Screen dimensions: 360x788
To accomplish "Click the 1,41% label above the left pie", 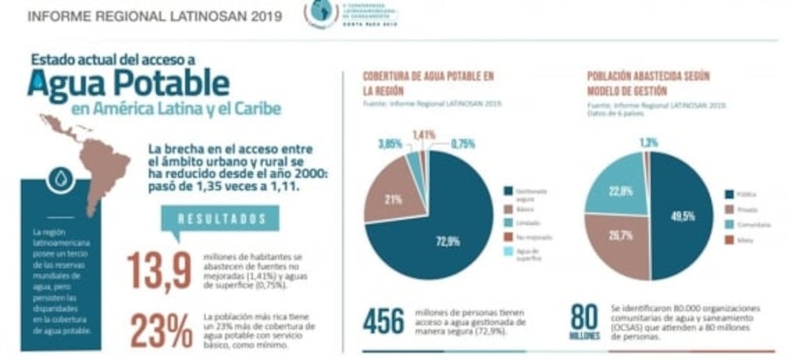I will click(x=423, y=135).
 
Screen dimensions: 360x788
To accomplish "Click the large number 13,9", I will click(x=159, y=271).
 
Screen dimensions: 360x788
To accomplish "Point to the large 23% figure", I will click(x=161, y=332).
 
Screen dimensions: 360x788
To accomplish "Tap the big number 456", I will click(x=383, y=321).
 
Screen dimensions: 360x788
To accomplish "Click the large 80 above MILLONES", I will click(x=584, y=317).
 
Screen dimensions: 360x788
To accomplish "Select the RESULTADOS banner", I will click(x=222, y=219).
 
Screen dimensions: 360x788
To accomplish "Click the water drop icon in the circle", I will click(x=60, y=179).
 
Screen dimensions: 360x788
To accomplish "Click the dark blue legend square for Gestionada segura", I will click(x=509, y=191).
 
